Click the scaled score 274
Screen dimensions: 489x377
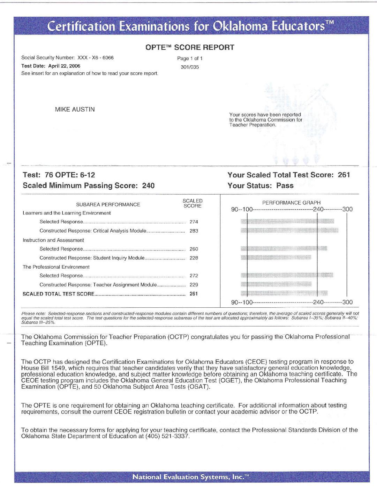point(194,222)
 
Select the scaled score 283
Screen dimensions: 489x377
point(194,231)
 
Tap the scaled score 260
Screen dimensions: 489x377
point(194,249)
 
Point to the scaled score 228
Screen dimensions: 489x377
point(194,258)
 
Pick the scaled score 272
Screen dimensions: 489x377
point(194,276)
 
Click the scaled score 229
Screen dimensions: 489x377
point(194,285)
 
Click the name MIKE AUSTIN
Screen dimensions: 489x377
point(75,109)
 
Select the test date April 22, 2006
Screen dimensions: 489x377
point(64,66)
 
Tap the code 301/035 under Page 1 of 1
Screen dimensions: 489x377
point(190,67)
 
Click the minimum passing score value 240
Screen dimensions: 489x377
point(148,185)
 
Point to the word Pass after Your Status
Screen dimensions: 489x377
point(285,185)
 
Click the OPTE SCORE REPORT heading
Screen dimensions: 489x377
point(190,48)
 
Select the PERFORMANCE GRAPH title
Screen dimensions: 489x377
point(291,203)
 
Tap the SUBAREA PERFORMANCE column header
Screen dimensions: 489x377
point(108,205)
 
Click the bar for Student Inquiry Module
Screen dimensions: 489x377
point(276,258)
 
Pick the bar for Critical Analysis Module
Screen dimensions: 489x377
point(289,231)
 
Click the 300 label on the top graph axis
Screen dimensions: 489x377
point(347,209)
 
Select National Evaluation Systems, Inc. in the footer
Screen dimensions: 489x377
point(190,477)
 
